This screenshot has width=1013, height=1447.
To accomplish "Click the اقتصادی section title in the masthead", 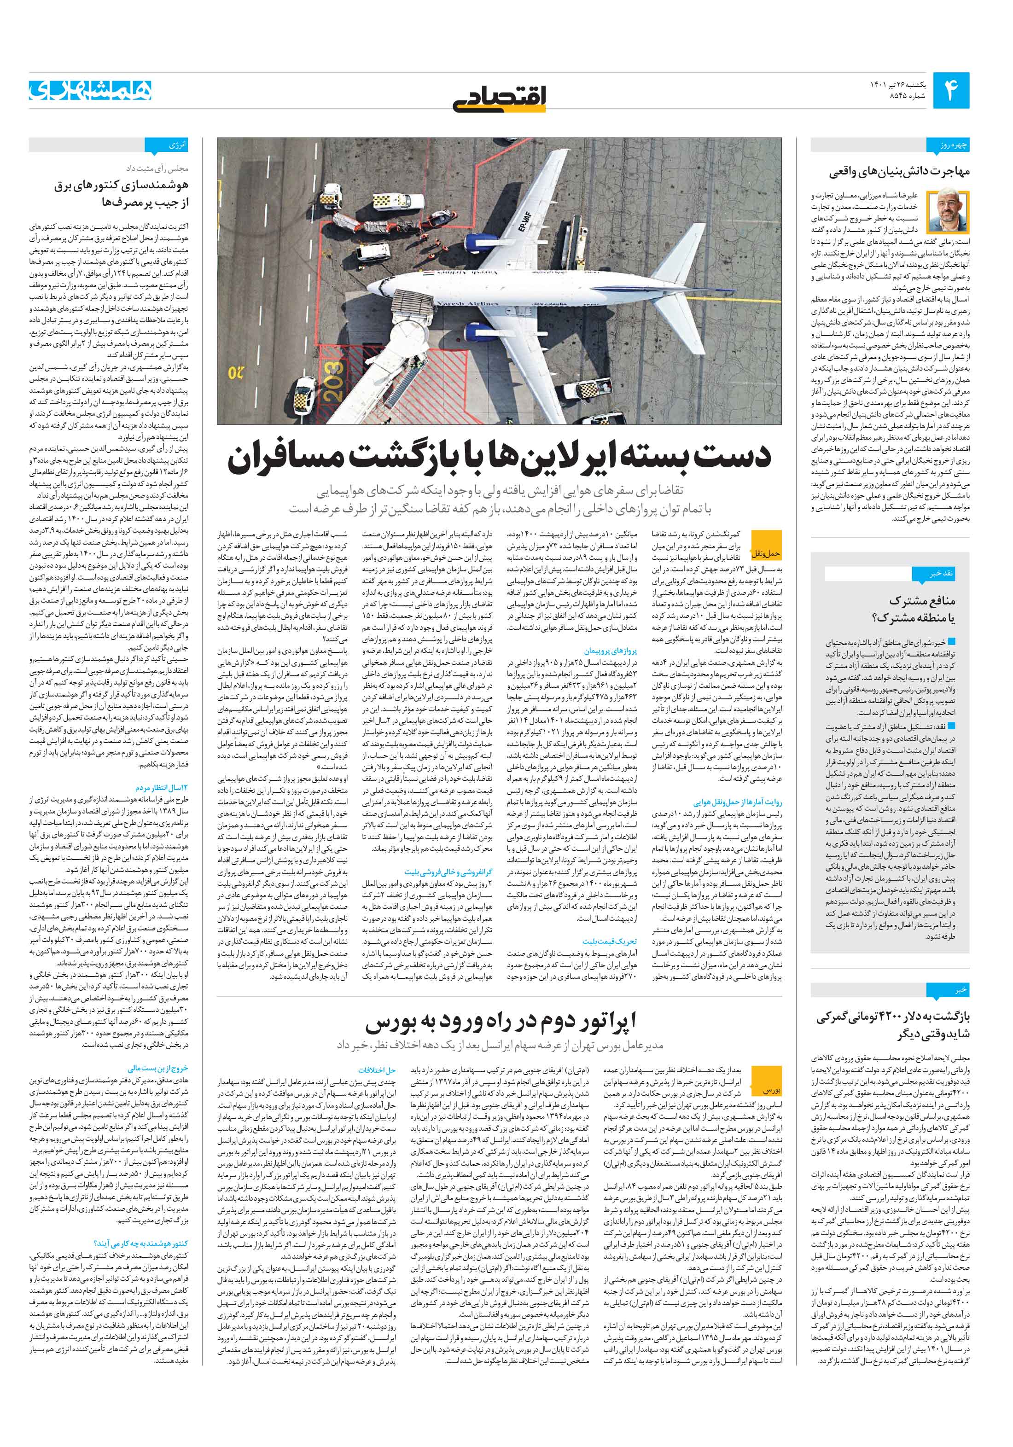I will coord(501,96).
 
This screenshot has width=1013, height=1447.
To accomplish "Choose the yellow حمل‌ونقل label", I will coord(766,553).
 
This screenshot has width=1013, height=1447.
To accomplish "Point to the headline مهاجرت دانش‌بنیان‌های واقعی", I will coord(900,171).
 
